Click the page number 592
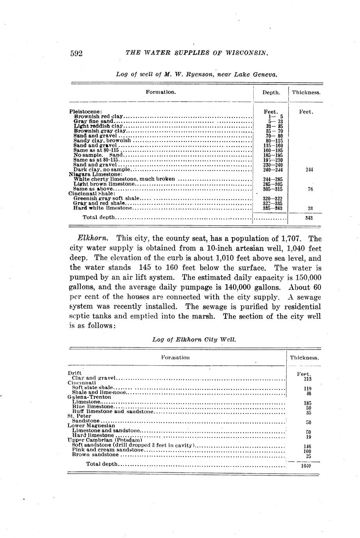click(76, 54)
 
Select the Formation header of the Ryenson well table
click(161, 92)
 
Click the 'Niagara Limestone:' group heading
click(96, 174)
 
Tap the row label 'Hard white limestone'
click(103, 208)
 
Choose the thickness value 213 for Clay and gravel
click(308, 379)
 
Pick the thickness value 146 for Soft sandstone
click(307, 446)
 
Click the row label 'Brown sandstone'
click(95, 455)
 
